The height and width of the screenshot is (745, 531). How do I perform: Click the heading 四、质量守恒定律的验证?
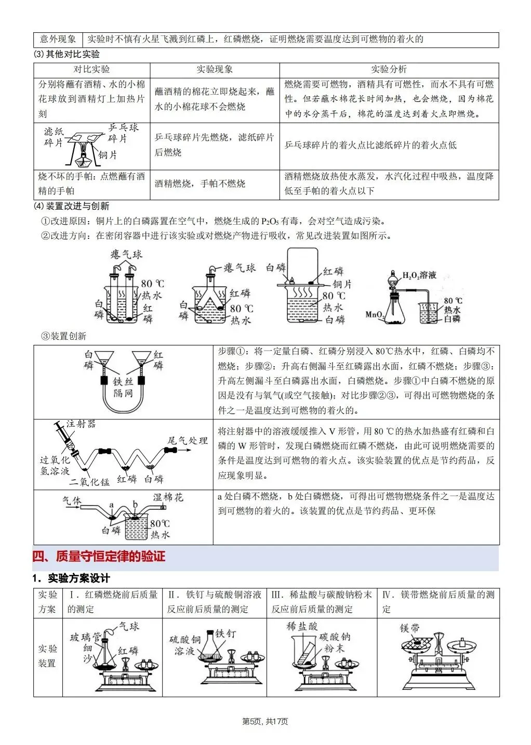[x=99, y=556]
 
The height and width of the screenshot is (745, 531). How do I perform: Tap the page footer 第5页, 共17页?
[x=265, y=721]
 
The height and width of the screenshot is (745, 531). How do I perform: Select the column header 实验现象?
[x=215, y=70]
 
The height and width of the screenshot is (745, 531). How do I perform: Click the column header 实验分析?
[x=389, y=70]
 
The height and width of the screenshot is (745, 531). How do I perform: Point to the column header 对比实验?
[x=91, y=70]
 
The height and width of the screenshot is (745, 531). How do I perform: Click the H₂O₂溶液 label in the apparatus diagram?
[x=420, y=275]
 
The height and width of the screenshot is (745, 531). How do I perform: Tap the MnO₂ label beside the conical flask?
[x=375, y=314]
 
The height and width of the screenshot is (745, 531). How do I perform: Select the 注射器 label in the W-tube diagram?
[x=81, y=424]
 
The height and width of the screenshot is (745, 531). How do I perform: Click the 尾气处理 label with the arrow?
[x=187, y=441]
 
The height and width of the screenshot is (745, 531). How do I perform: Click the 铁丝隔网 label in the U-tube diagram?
[x=123, y=388]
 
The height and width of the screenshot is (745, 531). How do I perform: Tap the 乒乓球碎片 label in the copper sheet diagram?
[x=123, y=133]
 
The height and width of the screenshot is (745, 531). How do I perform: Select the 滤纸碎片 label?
[x=54, y=137]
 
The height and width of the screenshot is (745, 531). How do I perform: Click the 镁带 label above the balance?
[x=410, y=628]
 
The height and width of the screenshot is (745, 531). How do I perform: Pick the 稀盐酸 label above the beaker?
[x=302, y=626]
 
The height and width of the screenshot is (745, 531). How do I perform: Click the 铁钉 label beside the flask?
[x=225, y=633]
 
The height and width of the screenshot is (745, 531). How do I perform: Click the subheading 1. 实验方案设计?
[x=71, y=579]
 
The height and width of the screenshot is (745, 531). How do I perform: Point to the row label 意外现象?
[x=58, y=39]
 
